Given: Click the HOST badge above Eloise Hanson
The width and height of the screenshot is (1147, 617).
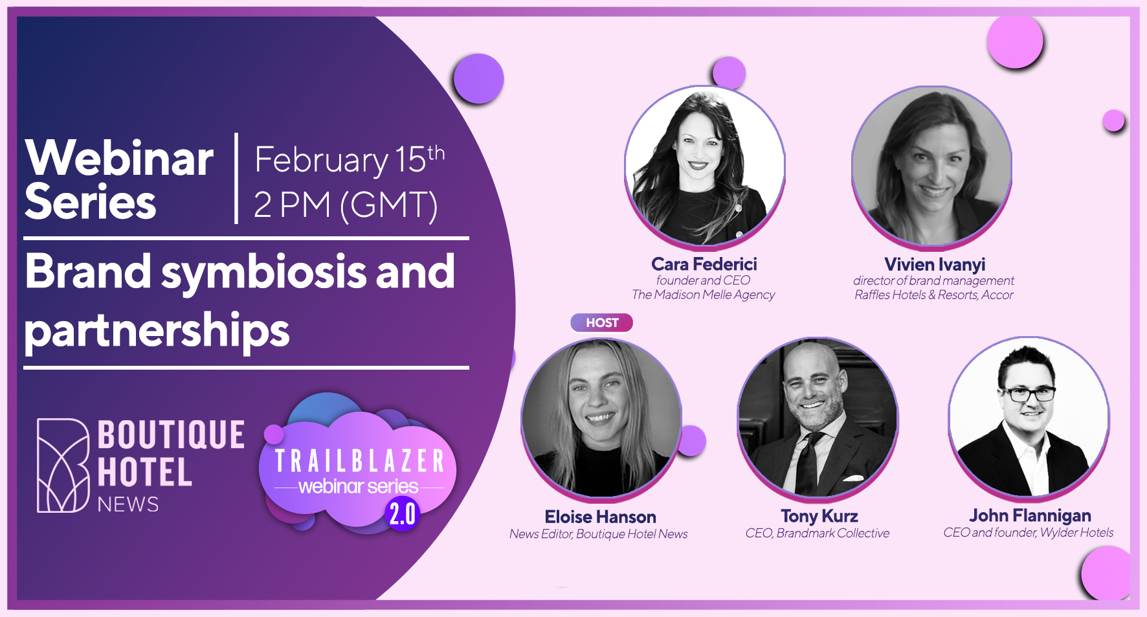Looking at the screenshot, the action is point(601,322).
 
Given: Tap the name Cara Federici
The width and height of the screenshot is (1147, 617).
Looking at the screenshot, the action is point(704,264).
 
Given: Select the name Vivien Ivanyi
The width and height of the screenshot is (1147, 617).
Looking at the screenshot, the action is point(935,265).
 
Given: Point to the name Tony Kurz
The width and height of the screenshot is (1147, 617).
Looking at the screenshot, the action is point(819,516).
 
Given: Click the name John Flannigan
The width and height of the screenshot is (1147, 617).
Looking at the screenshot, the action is point(1030,515).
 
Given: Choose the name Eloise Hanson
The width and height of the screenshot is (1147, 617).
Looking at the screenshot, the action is point(600,517).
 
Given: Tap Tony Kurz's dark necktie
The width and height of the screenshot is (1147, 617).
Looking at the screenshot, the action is point(807,462).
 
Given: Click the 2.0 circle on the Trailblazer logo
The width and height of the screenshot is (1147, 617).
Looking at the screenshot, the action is point(403,513).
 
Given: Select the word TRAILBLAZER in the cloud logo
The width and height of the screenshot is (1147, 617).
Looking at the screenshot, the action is point(359,461).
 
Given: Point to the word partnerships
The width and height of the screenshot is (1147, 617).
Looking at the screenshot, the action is point(157,331).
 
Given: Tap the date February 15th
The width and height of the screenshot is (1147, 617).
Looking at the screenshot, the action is point(350,159).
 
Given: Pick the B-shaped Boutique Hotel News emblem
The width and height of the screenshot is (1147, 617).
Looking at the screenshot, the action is point(63,466).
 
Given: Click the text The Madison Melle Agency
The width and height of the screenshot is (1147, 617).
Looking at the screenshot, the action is point(703,295).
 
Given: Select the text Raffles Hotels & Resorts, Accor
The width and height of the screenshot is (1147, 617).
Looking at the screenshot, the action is point(933,295).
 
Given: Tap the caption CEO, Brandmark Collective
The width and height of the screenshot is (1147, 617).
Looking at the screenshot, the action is point(817,533).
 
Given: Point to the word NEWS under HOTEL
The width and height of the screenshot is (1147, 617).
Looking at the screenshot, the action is point(128,504).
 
